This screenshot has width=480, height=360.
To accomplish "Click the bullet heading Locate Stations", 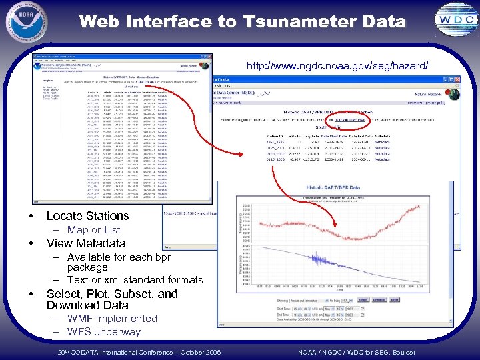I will (x=87, y=215).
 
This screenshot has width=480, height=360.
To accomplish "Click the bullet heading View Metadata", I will (x=86, y=243).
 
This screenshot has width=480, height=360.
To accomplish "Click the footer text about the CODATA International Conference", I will (x=139, y=352).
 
